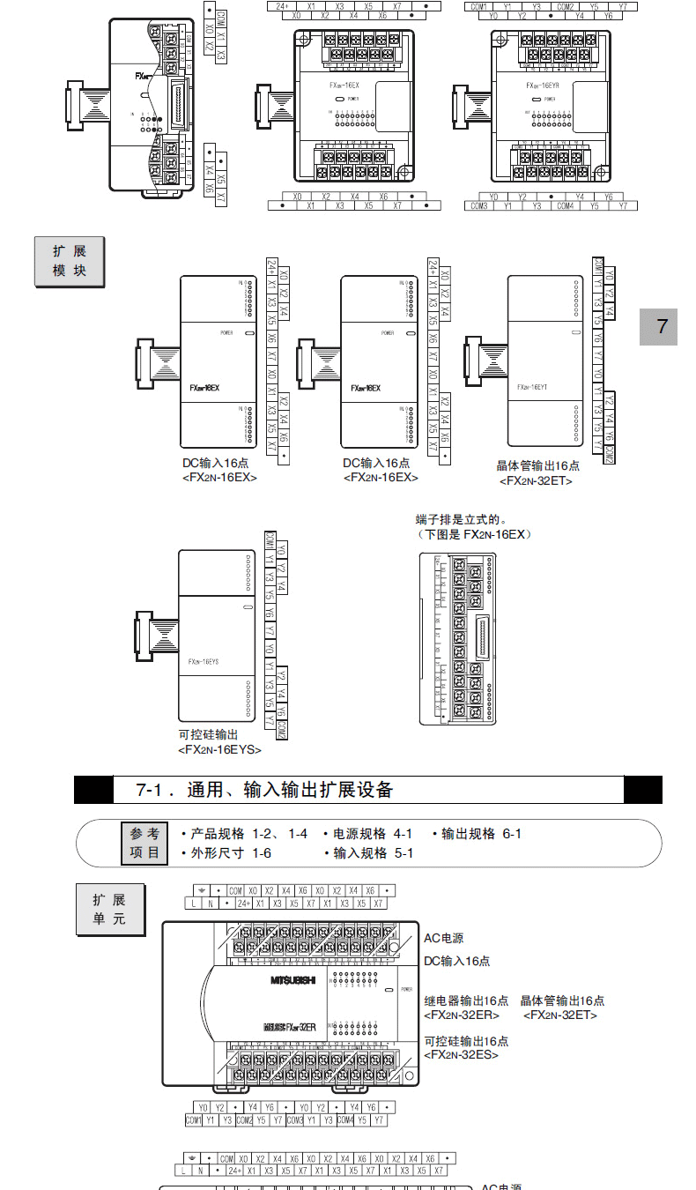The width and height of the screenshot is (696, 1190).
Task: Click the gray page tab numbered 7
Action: pyautogui.click(x=662, y=327)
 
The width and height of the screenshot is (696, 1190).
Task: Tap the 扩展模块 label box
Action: pyautogui.click(x=70, y=262)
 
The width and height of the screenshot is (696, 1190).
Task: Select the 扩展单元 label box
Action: pyautogui.click(x=109, y=910)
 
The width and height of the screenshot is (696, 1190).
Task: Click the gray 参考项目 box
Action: pyautogui.click(x=144, y=844)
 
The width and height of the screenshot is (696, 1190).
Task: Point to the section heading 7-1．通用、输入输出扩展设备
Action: pyautogui.click(x=264, y=790)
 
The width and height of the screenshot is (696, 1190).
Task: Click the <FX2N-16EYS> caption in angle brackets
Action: pyautogui.click(x=219, y=749)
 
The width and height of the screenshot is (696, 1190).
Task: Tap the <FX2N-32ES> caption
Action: pyautogui.click(x=461, y=1054)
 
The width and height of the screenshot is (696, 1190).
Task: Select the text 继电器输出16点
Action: pyautogui.click(x=466, y=1000)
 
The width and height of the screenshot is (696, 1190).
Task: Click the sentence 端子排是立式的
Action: pyautogui.click(x=463, y=520)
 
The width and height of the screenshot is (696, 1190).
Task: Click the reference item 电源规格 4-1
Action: pyautogui.click(x=367, y=834)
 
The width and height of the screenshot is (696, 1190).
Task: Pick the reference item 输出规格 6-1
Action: pyautogui.click(x=477, y=834)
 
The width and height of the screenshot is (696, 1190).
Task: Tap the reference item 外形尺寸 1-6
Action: pyautogui.click(x=226, y=853)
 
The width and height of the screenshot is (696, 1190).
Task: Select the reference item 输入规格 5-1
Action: pyautogui.click(x=368, y=853)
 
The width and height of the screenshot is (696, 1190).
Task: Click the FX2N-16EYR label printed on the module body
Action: pyautogui.click(x=542, y=86)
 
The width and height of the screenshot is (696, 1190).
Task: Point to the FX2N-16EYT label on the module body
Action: pyautogui.click(x=532, y=386)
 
